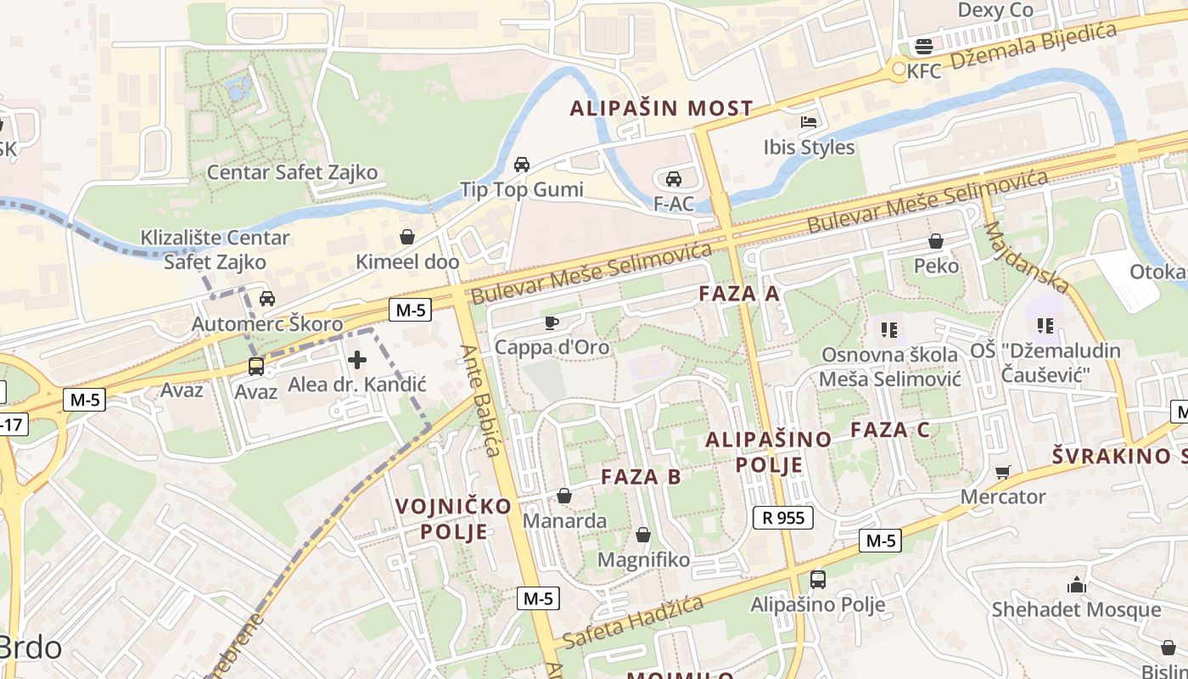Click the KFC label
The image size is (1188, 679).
pyautogui.click(x=924, y=71)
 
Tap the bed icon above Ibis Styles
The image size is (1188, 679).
pyautogui.click(x=808, y=122)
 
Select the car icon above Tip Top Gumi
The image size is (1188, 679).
pyautogui.click(x=521, y=164)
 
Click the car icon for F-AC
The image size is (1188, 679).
pyautogui.click(x=673, y=178)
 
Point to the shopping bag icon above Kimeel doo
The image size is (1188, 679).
pyautogui.click(x=407, y=236)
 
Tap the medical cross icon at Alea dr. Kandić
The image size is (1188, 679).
pyautogui.click(x=357, y=360)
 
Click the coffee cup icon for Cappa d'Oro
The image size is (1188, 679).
pyautogui.click(x=551, y=323)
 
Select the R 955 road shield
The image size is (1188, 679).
pyautogui.click(x=782, y=517)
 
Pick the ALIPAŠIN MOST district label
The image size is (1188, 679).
pyautogui.click(x=661, y=108)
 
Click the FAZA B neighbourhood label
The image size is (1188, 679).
pyautogui.click(x=641, y=476)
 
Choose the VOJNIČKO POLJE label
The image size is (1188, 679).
pyautogui.click(x=453, y=519)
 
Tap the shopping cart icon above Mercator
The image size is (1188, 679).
pyautogui.click(x=1003, y=471)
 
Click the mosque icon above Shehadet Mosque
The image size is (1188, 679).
pyautogui.click(x=1076, y=584)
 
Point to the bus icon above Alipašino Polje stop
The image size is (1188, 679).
pyautogui.click(x=817, y=579)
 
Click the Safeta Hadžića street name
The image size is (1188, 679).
pyautogui.click(x=633, y=621)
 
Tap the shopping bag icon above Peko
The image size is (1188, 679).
pyautogui.click(x=936, y=241)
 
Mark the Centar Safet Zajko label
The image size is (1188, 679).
pyautogui.click(x=292, y=172)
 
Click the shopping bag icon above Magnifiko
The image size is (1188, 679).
pyautogui.click(x=643, y=535)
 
